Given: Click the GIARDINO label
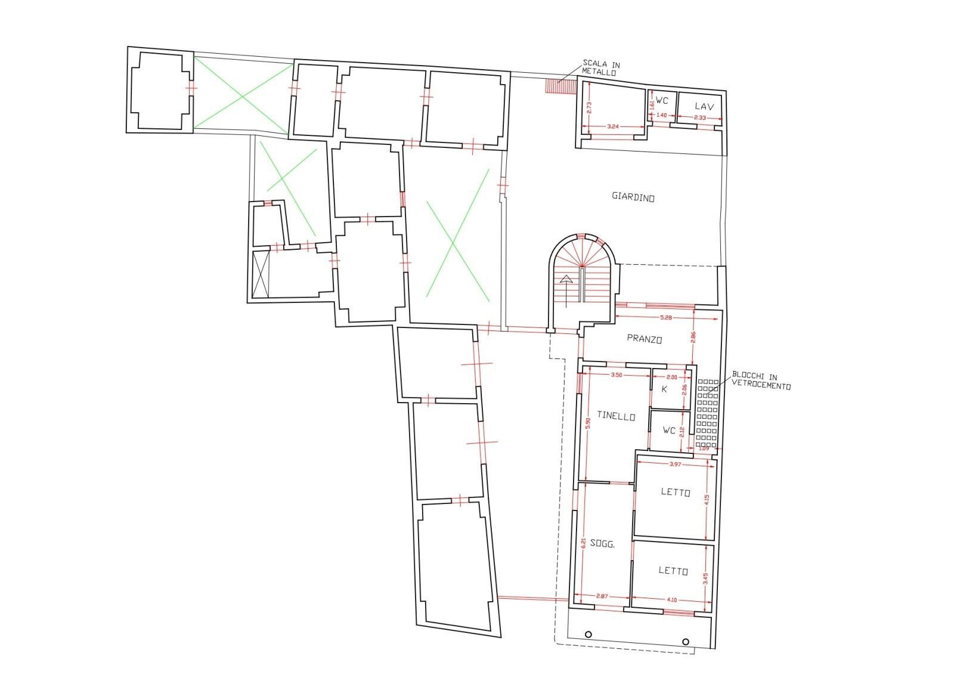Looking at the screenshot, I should pyautogui.click(x=633, y=197).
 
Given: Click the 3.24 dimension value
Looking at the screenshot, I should pyautogui.click(x=612, y=127).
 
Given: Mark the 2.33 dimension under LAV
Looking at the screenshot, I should pyautogui.click(x=700, y=118).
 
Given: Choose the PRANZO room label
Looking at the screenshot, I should pyautogui.click(x=645, y=338).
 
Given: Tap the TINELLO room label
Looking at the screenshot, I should pyautogui.click(x=616, y=417).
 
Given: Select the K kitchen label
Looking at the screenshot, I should pyautogui.click(x=664, y=389).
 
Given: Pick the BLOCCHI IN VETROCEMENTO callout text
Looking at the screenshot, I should pyautogui.click(x=761, y=381).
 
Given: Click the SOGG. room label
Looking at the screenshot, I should pyautogui.click(x=602, y=544).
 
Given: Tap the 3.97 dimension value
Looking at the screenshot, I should pyautogui.click(x=674, y=464).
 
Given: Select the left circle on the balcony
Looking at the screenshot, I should pyautogui.click(x=588, y=634).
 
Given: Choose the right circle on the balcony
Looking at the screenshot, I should pyautogui.click(x=685, y=642).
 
